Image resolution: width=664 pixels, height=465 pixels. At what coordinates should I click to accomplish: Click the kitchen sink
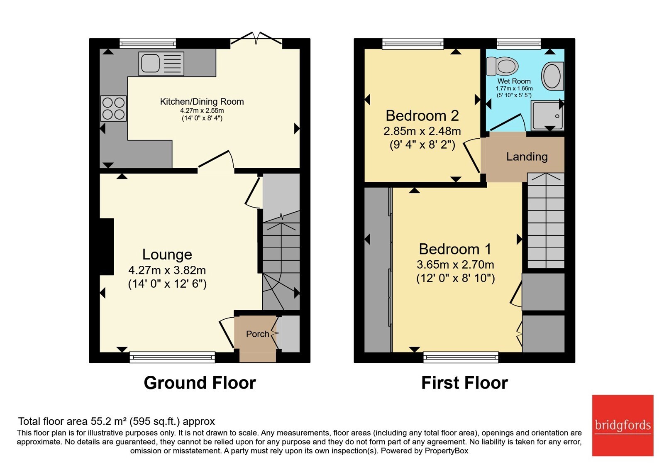[x=161, y=64]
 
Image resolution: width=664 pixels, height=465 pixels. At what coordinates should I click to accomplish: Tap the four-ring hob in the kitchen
[x=113, y=108]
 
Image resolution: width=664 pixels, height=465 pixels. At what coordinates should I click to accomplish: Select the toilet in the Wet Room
[x=502, y=66]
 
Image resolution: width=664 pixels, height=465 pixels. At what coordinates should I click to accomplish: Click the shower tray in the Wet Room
[x=547, y=115]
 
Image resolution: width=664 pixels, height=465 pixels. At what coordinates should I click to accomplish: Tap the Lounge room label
[x=167, y=255]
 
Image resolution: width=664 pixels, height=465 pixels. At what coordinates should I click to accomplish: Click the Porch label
[x=257, y=334]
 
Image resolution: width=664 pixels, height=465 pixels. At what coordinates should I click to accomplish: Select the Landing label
[x=527, y=157]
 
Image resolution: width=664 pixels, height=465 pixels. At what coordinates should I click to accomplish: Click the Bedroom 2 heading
[x=422, y=115]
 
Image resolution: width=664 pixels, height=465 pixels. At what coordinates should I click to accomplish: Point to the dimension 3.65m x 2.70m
[x=455, y=264]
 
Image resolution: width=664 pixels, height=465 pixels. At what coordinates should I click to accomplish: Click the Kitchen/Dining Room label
[x=202, y=102]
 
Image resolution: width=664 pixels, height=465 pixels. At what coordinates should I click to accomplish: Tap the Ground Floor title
[x=200, y=383]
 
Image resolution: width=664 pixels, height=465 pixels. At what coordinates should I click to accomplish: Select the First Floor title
[x=464, y=383]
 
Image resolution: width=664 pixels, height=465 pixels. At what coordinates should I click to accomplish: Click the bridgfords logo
[x=622, y=425]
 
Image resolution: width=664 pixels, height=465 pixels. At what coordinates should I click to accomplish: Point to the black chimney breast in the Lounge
[x=107, y=247]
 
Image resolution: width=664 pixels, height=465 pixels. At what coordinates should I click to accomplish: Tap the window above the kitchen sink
[x=148, y=43]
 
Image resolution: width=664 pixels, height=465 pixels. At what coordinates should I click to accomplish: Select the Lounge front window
[x=172, y=357]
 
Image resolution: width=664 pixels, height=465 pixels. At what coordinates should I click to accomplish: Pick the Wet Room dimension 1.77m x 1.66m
[x=514, y=88]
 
